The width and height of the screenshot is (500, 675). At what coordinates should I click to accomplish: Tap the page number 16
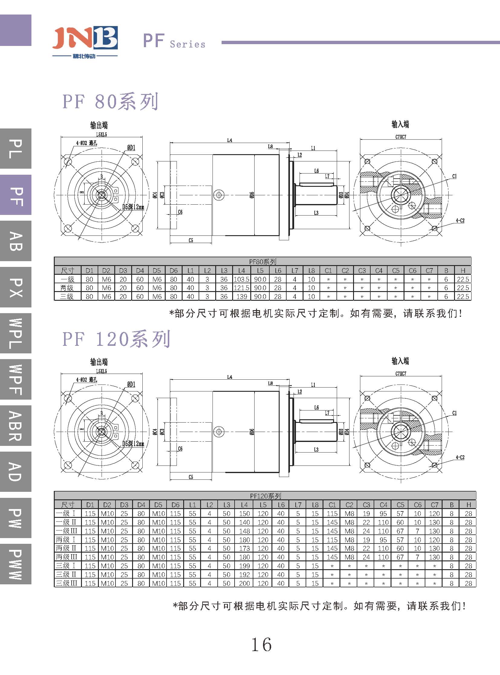tap(261, 644)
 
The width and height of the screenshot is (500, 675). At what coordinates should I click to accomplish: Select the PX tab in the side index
tap(16, 287)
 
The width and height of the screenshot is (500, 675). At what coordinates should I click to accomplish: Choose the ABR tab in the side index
tap(16, 426)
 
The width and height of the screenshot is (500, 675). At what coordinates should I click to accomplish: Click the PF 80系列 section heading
tap(110, 102)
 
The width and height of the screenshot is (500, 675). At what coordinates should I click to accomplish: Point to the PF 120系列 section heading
tap(116, 339)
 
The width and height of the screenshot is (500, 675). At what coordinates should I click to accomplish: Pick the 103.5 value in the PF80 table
tap(241, 279)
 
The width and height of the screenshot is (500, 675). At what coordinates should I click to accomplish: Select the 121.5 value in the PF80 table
tap(241, 288)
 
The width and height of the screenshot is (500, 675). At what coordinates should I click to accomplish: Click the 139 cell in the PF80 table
tap(242, 297)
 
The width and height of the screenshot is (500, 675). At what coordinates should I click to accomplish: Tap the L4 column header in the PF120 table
tap(244, 505)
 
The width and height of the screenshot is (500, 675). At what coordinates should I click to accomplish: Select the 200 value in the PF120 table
tap(244, 583)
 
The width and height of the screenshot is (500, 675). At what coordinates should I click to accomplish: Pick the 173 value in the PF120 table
tap(244, 548)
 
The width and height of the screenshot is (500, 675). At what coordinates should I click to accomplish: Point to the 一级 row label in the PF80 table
tap(67, 279)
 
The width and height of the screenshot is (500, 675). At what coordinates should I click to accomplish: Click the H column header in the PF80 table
tap(463, 271)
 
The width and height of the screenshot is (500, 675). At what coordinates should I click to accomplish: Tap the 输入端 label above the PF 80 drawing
tap(400, 125)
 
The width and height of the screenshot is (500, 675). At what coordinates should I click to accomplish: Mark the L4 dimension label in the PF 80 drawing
tap(230, 141)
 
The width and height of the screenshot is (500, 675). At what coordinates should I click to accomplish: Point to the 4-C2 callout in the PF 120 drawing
tap(460, 457)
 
